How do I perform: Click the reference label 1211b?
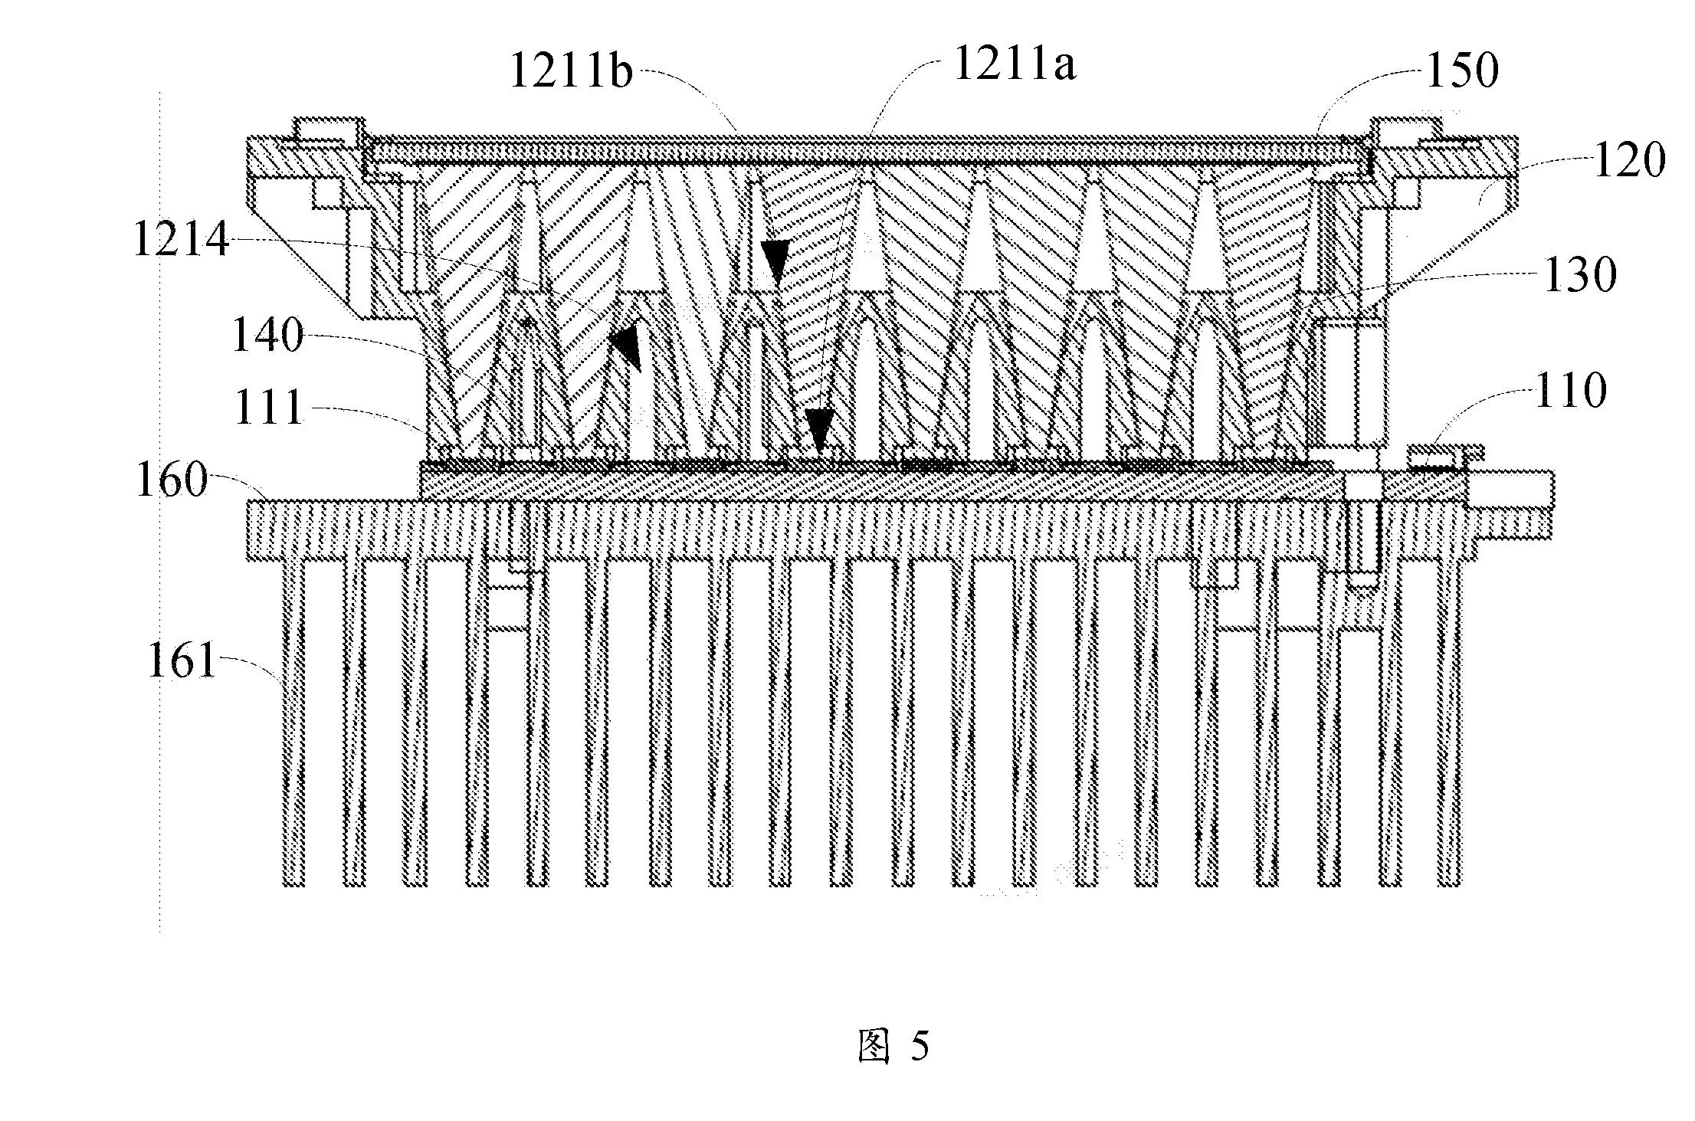coord(571,74)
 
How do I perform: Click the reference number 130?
coord(1580,275)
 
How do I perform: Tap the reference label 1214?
coord(182,239)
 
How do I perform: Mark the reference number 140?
coord(267,336)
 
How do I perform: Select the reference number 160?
coord(172,480)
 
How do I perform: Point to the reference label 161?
coord(182,660)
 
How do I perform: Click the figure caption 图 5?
coord(893,1046)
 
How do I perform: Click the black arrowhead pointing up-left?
coord(628,348)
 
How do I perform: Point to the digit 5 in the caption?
coord(920,1047)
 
